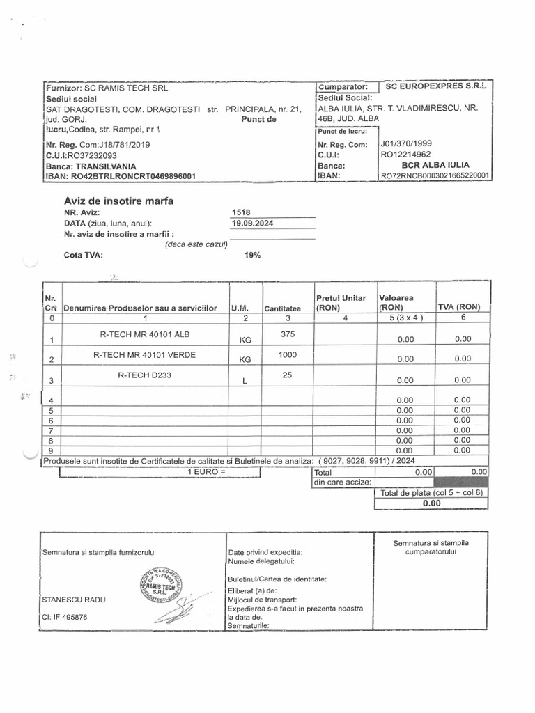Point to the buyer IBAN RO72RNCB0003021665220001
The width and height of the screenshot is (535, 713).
point(434,176)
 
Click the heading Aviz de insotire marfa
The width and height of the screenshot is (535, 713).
point(119,201)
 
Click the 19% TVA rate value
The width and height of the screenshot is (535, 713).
point(252,256)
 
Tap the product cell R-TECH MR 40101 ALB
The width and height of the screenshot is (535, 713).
point(144,334)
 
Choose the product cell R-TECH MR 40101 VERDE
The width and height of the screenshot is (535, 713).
point(144,355)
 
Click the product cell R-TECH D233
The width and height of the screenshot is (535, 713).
point(144,375)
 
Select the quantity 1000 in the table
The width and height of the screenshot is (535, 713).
point(288,355)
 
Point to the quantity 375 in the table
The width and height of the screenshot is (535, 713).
point(288,334)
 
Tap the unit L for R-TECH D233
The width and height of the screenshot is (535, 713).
point(245,381)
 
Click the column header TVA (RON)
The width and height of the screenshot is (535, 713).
point(459,307)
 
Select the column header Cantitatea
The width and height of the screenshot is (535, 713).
point(282,308)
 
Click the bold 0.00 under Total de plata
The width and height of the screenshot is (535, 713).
point(432,503)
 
